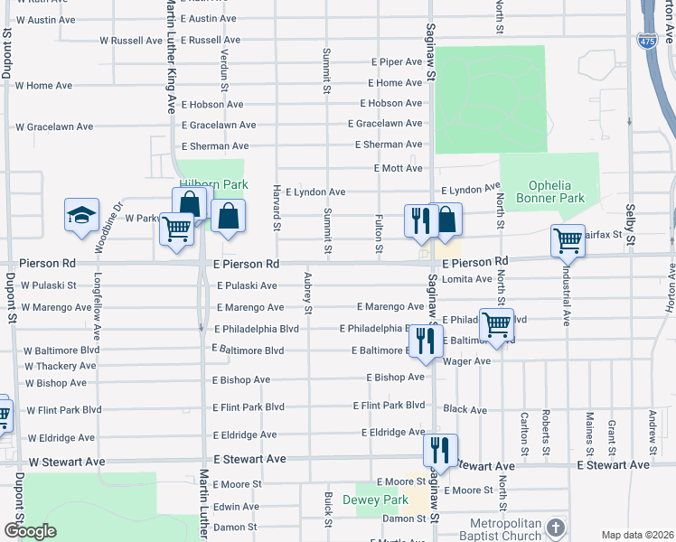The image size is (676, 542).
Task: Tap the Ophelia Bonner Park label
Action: point(549,192)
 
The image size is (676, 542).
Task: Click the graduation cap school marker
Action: point(81,216)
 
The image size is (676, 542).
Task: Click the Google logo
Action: point(30,531)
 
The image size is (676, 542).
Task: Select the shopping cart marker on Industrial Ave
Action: point(568,240)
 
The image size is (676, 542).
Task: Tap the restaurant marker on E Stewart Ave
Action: point(440,449)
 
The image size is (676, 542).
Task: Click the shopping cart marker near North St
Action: point(496,324)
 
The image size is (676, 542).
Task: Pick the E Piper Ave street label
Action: point(398,62)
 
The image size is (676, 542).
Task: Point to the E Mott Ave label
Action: point(398,168)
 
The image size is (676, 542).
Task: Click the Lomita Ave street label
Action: point(467,279)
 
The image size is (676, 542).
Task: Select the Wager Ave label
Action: point(467,361)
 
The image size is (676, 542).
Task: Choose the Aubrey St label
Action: point(308,294)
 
